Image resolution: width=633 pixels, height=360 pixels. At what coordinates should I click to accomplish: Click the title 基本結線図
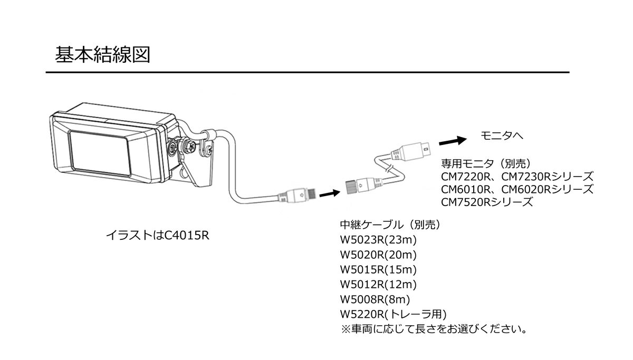click(102, 54)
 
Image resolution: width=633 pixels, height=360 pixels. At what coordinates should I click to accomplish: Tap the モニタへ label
click(501, 136)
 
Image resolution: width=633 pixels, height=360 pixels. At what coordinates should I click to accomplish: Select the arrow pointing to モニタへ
click(453, 141)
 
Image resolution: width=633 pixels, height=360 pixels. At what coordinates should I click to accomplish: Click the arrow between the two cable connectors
click(330, 193)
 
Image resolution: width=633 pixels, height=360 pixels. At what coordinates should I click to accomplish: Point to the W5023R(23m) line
click(379, 240)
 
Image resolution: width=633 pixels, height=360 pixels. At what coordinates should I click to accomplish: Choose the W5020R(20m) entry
click(379, 255)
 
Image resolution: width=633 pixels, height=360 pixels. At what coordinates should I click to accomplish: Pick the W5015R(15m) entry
click(379, 270)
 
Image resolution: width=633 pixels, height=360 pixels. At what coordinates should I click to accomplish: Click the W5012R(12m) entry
click(379, 285)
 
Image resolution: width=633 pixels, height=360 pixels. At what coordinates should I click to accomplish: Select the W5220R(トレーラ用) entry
click(394, 315)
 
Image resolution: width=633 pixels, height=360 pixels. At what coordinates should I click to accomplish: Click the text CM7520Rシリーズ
click(487, 201)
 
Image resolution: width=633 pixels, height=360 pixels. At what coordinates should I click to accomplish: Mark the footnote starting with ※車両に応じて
click(435, 330)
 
